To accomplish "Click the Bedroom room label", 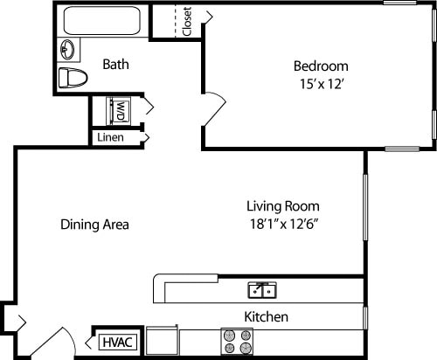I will (320, 66).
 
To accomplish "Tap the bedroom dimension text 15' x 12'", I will (320, 84).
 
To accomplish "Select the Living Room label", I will (282, 206).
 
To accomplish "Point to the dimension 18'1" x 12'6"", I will (282, 225).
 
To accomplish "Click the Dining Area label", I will (94, 225).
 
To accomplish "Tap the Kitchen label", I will (267, 316).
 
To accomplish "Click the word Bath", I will (116, 64).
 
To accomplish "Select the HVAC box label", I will (117, 342).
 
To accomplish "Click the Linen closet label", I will (110, 137).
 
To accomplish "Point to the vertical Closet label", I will (186, 22).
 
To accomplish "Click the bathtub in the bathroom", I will (103, 22).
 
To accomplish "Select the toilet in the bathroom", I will (73, 77).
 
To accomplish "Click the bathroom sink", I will (67, 49).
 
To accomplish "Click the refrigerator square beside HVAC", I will (162, 340).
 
